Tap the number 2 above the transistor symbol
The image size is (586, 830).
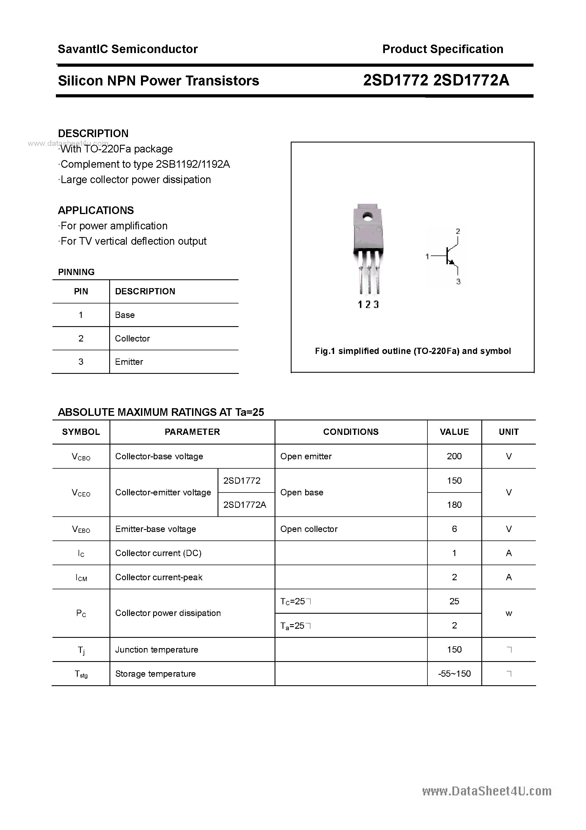pos(458,231)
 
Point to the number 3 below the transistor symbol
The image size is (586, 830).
pos(458,281)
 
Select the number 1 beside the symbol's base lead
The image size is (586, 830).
pos(427,256)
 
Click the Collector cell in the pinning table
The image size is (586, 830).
pos(132,338)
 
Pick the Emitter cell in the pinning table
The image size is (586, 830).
pos(129,362)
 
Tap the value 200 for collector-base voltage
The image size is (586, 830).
pos(454,456)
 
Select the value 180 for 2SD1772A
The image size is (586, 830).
pos(454,505)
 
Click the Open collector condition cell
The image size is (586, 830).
pos(309,529)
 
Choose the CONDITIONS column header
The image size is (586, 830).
pos(351,432)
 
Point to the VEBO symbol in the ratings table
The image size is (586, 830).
pos(81,529)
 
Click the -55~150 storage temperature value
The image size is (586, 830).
pos(454,674)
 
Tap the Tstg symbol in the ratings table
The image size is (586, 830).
pos(81,674)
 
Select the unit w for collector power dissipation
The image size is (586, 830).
pos(509,613)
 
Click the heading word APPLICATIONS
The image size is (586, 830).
pos(96,210)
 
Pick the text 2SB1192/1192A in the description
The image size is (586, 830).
pos(193,164)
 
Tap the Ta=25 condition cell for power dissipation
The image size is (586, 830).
pos(295,625)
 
